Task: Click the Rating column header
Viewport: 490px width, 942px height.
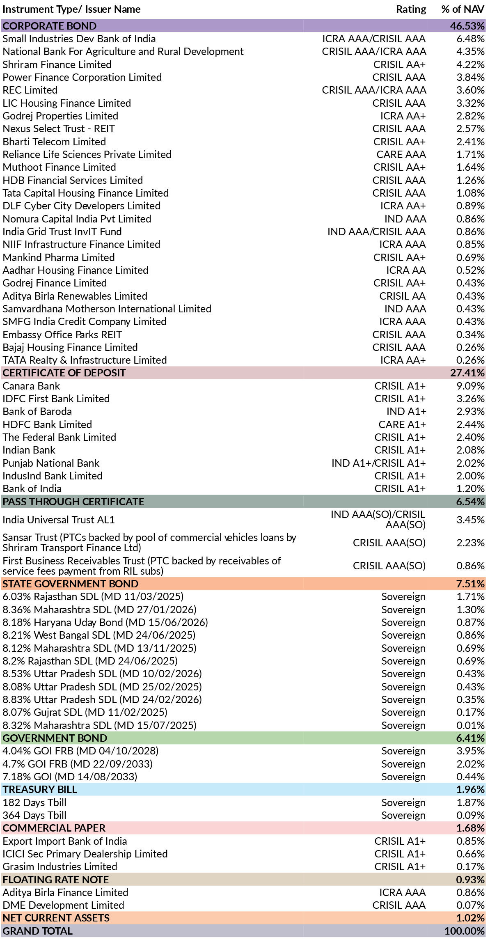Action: [x=411, y=9]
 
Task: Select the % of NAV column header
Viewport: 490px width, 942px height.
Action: [x=463, y=9]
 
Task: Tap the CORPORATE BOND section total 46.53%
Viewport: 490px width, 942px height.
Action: [x=467, y=26]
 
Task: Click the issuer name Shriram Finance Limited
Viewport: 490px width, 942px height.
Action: [x=57, y=64]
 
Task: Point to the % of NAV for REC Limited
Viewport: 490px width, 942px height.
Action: [x=470, y=90]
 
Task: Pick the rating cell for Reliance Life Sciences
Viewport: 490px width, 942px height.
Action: [x=401, y=154]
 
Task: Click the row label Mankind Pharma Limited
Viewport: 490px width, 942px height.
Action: [x=59, y=257]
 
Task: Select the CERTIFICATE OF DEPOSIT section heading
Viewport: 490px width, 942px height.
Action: [x=64, y=373]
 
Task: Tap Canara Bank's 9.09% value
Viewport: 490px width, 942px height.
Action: [x=470, y=386]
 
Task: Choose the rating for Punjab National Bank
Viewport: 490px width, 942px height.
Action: [x=379, y=463]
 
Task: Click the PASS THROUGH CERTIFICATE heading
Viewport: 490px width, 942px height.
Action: [x=73, y=502]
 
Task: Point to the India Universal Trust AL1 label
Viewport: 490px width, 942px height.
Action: [x=59, y=520]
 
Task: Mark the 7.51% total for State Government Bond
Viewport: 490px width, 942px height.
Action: [x=470, y=584]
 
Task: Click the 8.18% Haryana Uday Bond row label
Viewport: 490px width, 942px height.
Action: [x=105, y=622]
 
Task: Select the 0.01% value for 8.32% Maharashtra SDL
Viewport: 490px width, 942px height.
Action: [x=470, y=725]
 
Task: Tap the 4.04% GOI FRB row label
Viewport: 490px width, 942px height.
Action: [x=80, y=751]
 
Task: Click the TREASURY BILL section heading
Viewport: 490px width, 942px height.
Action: [x=40, y=789]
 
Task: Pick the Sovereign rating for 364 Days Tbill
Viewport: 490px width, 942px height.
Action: [x=403, y=815]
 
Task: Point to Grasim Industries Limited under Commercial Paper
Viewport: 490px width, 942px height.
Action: [x=60, y=866]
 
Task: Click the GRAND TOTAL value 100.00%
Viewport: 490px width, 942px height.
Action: [x=465, y=931]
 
